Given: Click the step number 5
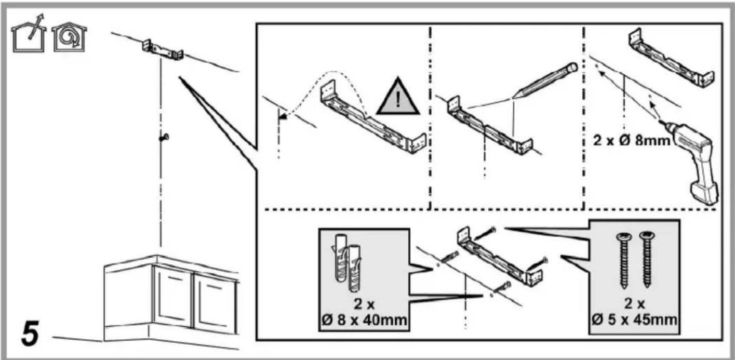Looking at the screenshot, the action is [x=30, y=333].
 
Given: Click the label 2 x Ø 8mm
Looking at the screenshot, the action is [x=631, y=140].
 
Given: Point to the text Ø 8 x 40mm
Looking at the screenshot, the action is [x=364, y=319].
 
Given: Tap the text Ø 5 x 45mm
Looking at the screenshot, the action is [x=634, y=319].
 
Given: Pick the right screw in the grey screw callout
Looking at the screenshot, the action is [x=647, y=259].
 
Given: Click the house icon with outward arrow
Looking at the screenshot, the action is [x=29, y=34].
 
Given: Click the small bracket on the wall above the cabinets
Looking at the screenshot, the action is [x=163, y=50].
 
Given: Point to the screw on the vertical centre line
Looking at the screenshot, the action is [x=164, y=137].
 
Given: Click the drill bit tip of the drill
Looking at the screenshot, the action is [x=661, y=121].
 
